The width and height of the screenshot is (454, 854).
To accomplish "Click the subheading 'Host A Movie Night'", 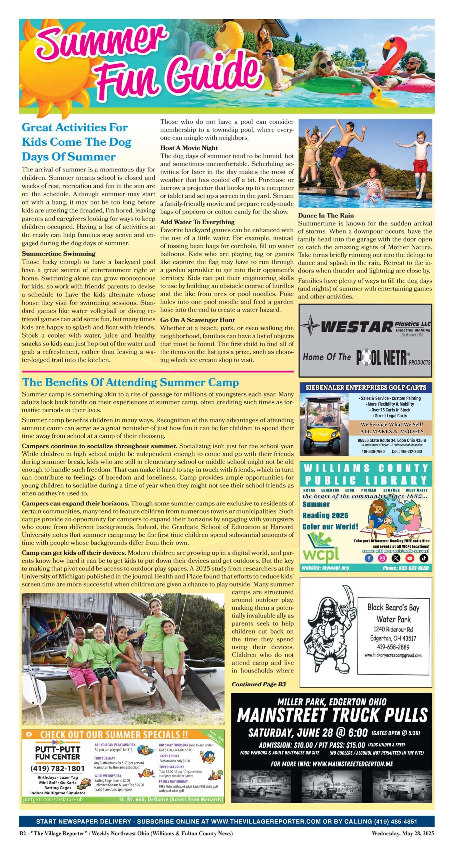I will pos(189,148).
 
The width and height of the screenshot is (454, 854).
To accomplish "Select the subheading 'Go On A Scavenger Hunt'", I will pos(197,320).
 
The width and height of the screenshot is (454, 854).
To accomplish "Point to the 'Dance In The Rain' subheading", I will pos(326,216).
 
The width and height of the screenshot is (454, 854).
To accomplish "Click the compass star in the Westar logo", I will pos(310,325).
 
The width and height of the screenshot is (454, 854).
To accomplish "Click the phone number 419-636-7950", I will pos(373,451).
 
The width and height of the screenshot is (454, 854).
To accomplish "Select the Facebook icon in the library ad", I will pos(369,558).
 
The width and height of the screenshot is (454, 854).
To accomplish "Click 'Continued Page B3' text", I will pos(259,684).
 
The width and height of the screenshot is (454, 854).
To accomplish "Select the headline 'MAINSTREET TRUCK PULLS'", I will pos(332,715).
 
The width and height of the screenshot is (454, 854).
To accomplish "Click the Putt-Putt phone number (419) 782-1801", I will pos(57,769).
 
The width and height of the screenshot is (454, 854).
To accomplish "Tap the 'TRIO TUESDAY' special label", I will pos(104,758).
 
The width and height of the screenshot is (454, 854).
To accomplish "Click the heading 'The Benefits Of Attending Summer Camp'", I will pos(130,382).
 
